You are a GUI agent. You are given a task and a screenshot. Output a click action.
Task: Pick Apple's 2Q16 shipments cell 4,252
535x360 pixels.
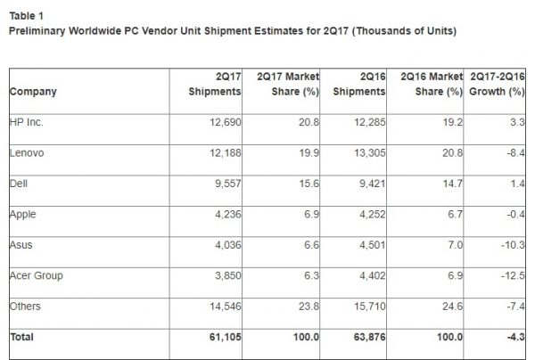[369, 215]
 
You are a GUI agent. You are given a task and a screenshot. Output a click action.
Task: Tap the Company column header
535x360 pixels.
[33, 92]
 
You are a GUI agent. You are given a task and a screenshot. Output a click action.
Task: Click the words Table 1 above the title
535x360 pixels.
[26, 16]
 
